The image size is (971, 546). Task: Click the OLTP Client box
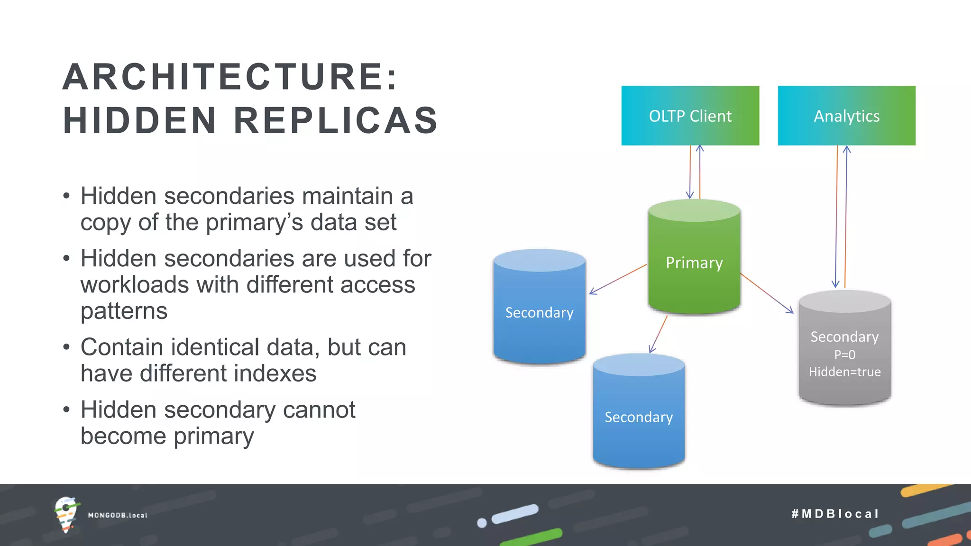tap(690, 116)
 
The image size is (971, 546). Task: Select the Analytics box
tap(846, 116)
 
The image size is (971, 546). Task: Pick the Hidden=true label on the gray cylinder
tap(844, 372)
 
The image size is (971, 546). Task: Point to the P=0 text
tap(844, 355)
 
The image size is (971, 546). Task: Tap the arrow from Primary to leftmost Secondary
tap(618, 280)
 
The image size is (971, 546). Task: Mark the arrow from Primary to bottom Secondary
tap(658, 335)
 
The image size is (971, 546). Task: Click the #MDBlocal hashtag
tap(835, 514)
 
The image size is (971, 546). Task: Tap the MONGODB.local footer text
tap(118, 515)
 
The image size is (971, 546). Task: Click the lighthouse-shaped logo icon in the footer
tap(66, 514)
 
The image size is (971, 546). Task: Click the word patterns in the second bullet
tap(124, 311)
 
